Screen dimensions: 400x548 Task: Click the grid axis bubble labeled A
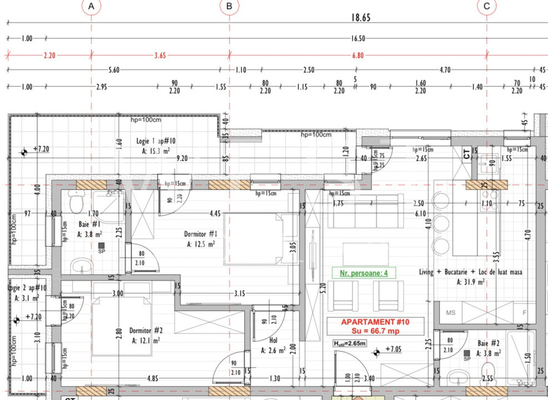pyautogui.click(x=91, y=6)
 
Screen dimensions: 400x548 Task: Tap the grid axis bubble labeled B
pyautogui.click(x=229, y=6)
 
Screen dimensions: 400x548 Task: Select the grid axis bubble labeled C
pyautogui.click(x=487, y=6)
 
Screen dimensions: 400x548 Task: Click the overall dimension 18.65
pyautogui.click(x=360, y=18)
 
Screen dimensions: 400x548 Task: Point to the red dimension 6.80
pyautogui.click(x=358, y=56)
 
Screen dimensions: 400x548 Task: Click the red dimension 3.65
pyautogui.click(x=159, y=56)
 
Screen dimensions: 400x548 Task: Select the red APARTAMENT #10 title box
pyautogui.click(x=375, y=326)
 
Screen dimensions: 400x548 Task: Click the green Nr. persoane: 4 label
pyautogui.click(x=360, y=273)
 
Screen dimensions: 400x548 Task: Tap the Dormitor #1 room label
pyautogui.click(x=200, y=239)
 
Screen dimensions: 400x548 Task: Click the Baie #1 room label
pyautogui.click(x=89, y=229)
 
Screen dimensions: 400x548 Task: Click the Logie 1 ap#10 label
pyautogui.click(x=156, y=146)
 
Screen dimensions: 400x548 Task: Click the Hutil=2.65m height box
pyautogui.click(x=350, y=343)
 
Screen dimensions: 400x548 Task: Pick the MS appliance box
pyautogui.click(x=451, y=313)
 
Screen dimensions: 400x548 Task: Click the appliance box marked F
pyautogui.click(x=523, y=313)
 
